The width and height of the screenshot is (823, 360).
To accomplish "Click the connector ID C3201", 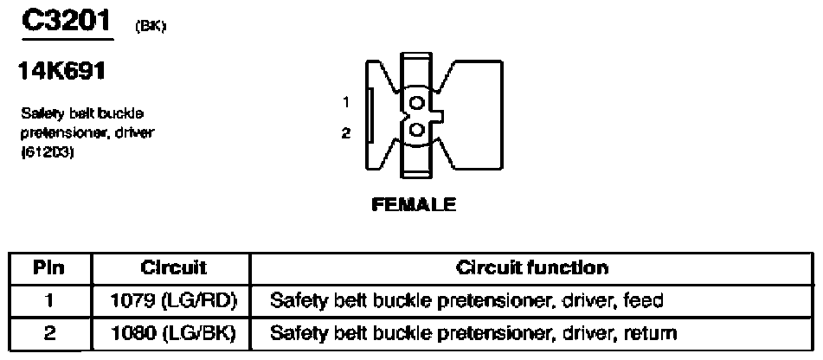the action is (67, 21).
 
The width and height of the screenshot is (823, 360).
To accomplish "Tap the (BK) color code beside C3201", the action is (150, 28).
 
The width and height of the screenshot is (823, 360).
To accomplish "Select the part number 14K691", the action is (62, 71).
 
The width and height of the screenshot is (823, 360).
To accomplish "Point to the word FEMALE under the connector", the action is (414, 204).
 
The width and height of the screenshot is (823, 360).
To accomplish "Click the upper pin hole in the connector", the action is (417, 103).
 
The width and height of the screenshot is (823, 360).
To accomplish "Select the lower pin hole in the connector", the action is (417, 129).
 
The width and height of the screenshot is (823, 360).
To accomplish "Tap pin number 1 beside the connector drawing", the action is (346, 102).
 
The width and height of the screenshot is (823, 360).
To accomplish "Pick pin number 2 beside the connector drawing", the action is (346, 133).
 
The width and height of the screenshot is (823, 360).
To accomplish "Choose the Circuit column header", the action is (174, 268).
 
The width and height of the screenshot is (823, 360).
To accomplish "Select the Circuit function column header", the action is (532, 268).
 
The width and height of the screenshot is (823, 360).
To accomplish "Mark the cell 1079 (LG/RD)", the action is (174, 301).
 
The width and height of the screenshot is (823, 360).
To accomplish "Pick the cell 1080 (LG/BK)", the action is (174, 332).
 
